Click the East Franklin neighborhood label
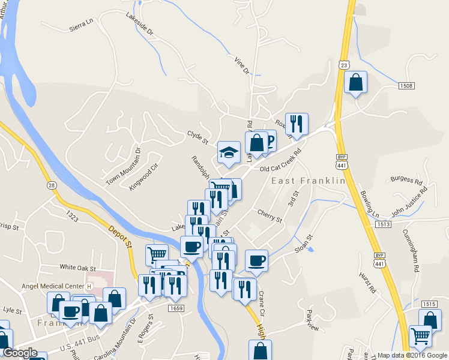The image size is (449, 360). (x=309, y=181)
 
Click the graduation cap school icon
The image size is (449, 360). (x=229, y=152)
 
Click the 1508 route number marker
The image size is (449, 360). (x=406, y=86)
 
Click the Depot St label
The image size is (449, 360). (x=121, y=236)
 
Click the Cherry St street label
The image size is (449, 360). (x=269, y=216)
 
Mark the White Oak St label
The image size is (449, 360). (x=78, y=267)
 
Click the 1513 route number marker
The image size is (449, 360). (x=384, y=224)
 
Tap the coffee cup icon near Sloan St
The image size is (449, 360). (x=256, y=261)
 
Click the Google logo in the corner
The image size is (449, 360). (x=20, y=353)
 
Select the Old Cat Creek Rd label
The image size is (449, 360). (x=279, y=161)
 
